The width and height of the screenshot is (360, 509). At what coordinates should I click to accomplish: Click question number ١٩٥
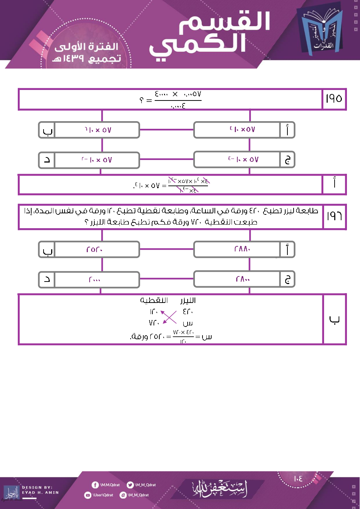pyautogui.click(x=334, y=99)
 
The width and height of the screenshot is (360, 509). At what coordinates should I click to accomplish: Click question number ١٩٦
pyautogui.click(x=334, y=216)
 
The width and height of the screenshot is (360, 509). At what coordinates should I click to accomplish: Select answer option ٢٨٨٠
pyautogui.click(x=242, y=249)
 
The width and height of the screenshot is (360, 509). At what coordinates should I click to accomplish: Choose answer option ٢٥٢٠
pyautogui.click(x=94, y=250)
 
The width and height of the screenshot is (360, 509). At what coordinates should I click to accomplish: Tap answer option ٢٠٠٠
pyautogui.click(x=94, y=279)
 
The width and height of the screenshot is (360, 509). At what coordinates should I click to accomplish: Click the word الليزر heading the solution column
pyautogui.click(x=188, y=300)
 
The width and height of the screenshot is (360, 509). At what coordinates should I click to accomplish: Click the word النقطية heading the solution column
pyautogui.click(x=154, y=300)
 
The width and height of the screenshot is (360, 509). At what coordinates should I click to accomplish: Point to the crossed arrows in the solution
pyautogui.click(x=169, y=317)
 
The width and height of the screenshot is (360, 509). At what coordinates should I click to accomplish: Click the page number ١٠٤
pyautogui.click(x=298, y=479)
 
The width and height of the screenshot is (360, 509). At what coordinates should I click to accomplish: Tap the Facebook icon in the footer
pyautogui.click(x=95, y=485)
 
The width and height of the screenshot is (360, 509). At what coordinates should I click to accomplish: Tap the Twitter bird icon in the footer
pyautogui.click(x=130, y=485)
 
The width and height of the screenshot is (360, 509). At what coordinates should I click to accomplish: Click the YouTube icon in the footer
pyautogui.click(x=87, y=495)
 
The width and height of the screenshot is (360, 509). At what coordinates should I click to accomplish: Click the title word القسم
pyautogui.click(x=225, y=22)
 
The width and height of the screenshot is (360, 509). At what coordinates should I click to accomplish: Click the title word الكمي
pyautogui.click(x=198, y=45)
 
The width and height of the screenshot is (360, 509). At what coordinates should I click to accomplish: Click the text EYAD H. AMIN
pyautogui.click(x=40, y=493)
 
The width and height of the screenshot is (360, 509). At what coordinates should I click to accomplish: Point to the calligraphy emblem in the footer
pyautogui.click(x=220, y=488)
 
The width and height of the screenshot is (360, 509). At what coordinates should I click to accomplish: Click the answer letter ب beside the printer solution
pyautogui.click(x=334, y=319)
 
